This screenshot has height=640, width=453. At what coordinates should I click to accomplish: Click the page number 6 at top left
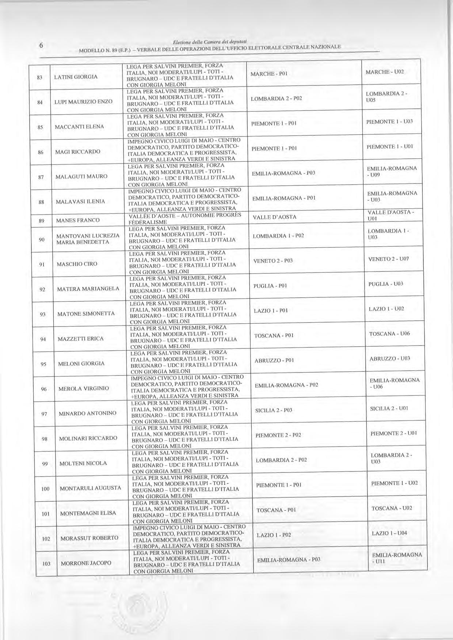(x=41, y=46)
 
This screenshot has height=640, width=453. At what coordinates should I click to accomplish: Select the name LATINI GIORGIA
(x=76, y=77)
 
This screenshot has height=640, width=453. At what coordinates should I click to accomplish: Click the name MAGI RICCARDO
(x=77, y=151)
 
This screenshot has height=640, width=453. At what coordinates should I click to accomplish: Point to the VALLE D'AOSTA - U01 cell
(x=391, y=215)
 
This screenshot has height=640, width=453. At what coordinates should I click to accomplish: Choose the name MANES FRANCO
(x=77, y=220)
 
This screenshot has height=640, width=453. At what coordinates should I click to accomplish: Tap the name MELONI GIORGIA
(x=81, y=363)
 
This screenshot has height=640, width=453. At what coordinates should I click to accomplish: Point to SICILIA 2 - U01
(x=389, y=408)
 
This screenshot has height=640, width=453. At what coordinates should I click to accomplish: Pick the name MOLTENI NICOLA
(x=83, y=463)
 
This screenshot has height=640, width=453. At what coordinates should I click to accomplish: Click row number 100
(x=45, y=489)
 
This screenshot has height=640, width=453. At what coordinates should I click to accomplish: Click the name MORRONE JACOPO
(x=86, y=563)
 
